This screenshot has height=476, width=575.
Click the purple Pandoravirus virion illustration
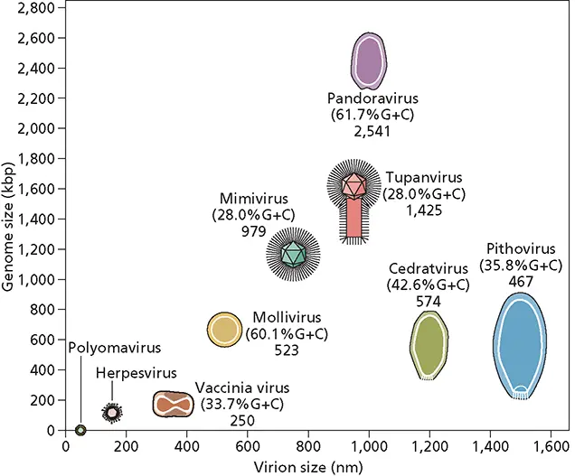pyautogui.click(x=369, y=60)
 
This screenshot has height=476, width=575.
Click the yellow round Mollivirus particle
pyautogui.click(x=223, y=330)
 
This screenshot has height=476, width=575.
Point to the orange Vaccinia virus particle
pyautogui.click(x=174, y=404)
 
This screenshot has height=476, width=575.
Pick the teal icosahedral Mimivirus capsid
pyautogui.click(x=293, y=254)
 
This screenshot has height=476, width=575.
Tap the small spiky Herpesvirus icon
pyautogui.click(x=112, y=413)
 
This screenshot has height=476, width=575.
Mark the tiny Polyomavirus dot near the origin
pyautogui.click(x=80, y=430)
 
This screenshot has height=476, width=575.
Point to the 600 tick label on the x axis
pyautogui.click(x=246, y=445)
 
